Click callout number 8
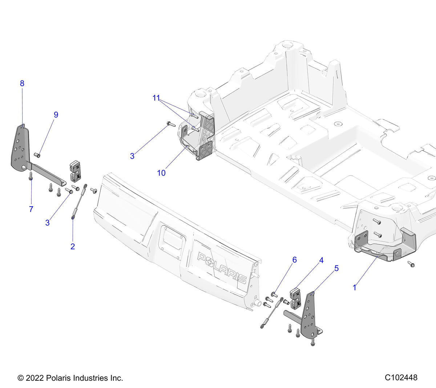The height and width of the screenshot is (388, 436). tap(22, 83)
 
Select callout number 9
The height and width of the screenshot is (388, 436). tap(56, 115)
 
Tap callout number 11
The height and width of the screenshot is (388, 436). tap(156, 98)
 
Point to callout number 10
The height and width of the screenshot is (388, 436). tap(161, 173)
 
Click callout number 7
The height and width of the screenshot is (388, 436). tap(31, 209)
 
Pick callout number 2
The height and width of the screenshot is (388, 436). tap(73, 246)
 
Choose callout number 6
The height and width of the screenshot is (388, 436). tap(295, 260)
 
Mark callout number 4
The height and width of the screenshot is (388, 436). tap(321, 260)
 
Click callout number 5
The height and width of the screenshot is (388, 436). tap(336, 268)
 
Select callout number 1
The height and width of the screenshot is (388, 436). tap(355, 287)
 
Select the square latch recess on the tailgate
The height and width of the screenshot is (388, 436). tap(173, 238)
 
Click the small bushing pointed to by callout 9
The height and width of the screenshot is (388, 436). tap(37, 155)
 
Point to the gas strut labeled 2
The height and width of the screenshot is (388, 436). tap(79, 202)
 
